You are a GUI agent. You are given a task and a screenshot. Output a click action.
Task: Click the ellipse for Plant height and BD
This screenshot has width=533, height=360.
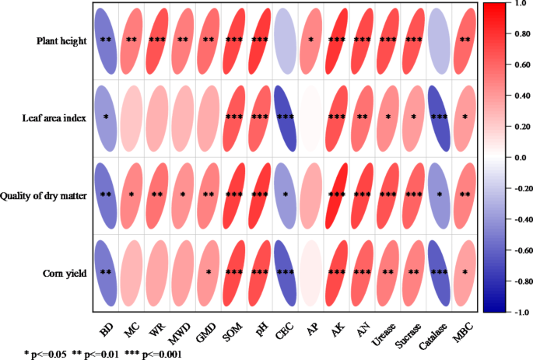point(106,40)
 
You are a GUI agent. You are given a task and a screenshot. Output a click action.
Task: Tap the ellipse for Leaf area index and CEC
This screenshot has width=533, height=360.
point(286,117)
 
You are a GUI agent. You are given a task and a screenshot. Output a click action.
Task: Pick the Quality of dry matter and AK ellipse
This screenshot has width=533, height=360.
point(337,194)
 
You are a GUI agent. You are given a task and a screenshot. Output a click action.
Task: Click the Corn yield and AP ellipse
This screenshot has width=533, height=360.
point(311,272)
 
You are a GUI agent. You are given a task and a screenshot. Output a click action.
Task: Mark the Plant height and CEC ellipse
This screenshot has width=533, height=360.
point(286,40)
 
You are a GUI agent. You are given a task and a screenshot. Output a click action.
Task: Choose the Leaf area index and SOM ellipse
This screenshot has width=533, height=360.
point(233,117)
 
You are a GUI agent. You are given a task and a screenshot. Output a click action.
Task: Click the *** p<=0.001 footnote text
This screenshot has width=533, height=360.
point(156,353)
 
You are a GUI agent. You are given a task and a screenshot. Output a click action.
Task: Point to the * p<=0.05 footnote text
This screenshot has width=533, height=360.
point(47,353)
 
